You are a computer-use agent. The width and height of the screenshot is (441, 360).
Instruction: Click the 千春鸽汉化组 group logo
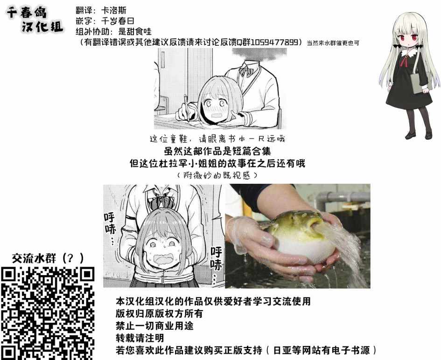point(35,20)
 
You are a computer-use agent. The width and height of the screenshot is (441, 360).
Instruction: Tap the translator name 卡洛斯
point(113,10)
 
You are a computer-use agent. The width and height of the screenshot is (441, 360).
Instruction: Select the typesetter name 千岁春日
point(117,21)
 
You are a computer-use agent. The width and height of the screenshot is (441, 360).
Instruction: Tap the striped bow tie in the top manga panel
point(246,70)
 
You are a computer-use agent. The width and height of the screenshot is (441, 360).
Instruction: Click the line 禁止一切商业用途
point(154,325)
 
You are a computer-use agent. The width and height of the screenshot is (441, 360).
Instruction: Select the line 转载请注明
point(140,338)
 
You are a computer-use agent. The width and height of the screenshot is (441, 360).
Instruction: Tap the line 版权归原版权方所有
point(159,313)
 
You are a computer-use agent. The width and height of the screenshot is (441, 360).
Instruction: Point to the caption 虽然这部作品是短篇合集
point(217,151)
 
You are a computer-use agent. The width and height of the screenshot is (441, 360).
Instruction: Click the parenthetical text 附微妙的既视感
point(217,175)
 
